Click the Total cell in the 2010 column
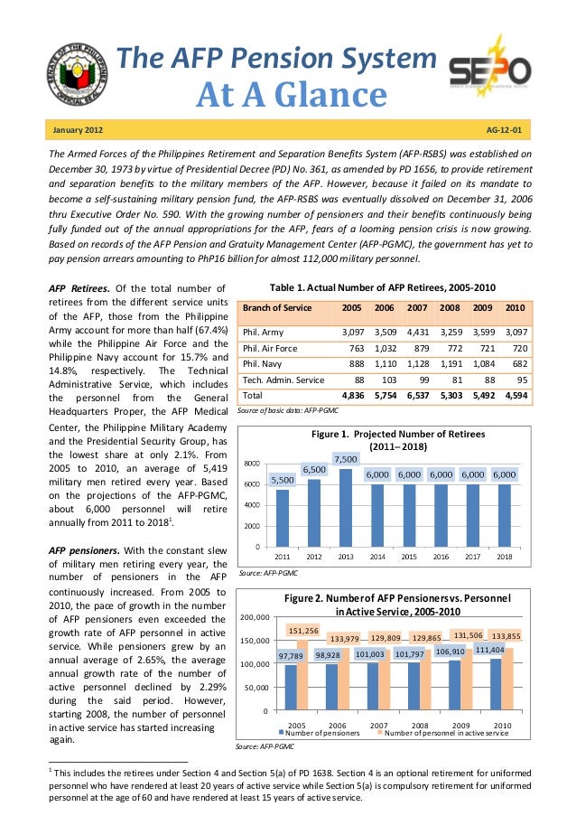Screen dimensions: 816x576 516,396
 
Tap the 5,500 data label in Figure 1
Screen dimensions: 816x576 283,480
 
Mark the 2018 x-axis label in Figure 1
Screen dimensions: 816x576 505,557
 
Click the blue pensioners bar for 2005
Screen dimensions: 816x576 291,686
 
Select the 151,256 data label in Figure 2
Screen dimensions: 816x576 302,630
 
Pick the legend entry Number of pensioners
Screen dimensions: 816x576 322,733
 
